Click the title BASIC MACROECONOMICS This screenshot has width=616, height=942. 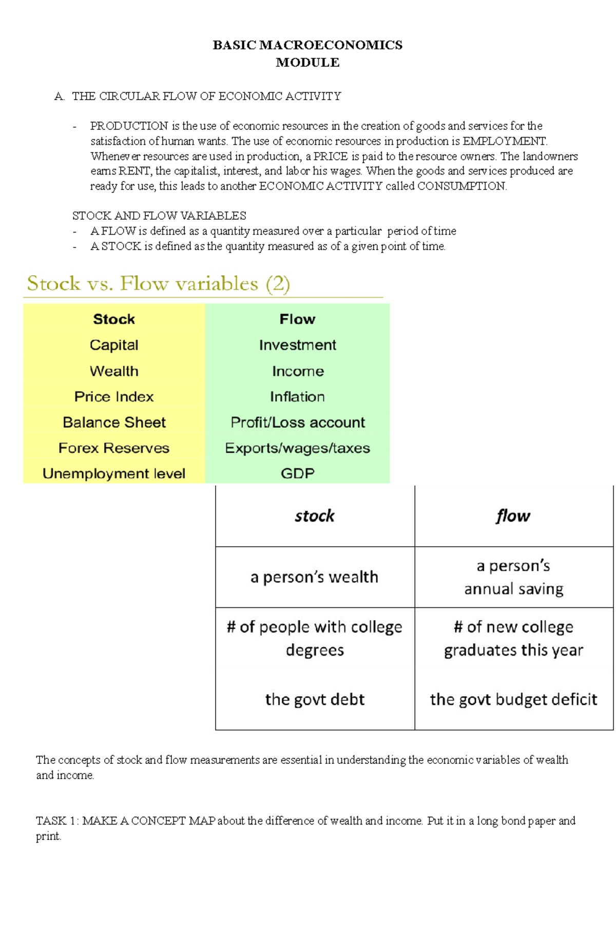click(307, 45)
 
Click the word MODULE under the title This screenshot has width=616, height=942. click(307, 63)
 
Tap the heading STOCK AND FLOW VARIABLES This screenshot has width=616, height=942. click(159, 216)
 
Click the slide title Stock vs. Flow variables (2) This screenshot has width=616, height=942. click(158, 283)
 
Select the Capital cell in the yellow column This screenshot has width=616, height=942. click(114, 345)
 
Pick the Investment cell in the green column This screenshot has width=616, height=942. click(297, 345)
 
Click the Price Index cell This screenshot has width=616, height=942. click(114, 397)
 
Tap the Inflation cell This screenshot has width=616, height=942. click(297, 397)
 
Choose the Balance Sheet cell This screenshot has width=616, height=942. click(114, 422)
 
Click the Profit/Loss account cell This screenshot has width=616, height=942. click(297, 422)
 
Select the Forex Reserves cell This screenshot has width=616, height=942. click(114, 448)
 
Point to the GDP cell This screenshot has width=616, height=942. click(297, 473)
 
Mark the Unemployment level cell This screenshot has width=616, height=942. click(114, 473)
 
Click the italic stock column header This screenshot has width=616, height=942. click(314, 516)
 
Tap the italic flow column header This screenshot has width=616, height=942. click(513, 516)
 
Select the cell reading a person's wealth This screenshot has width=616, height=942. click(314, 577)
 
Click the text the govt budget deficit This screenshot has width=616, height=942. click(513, 699)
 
